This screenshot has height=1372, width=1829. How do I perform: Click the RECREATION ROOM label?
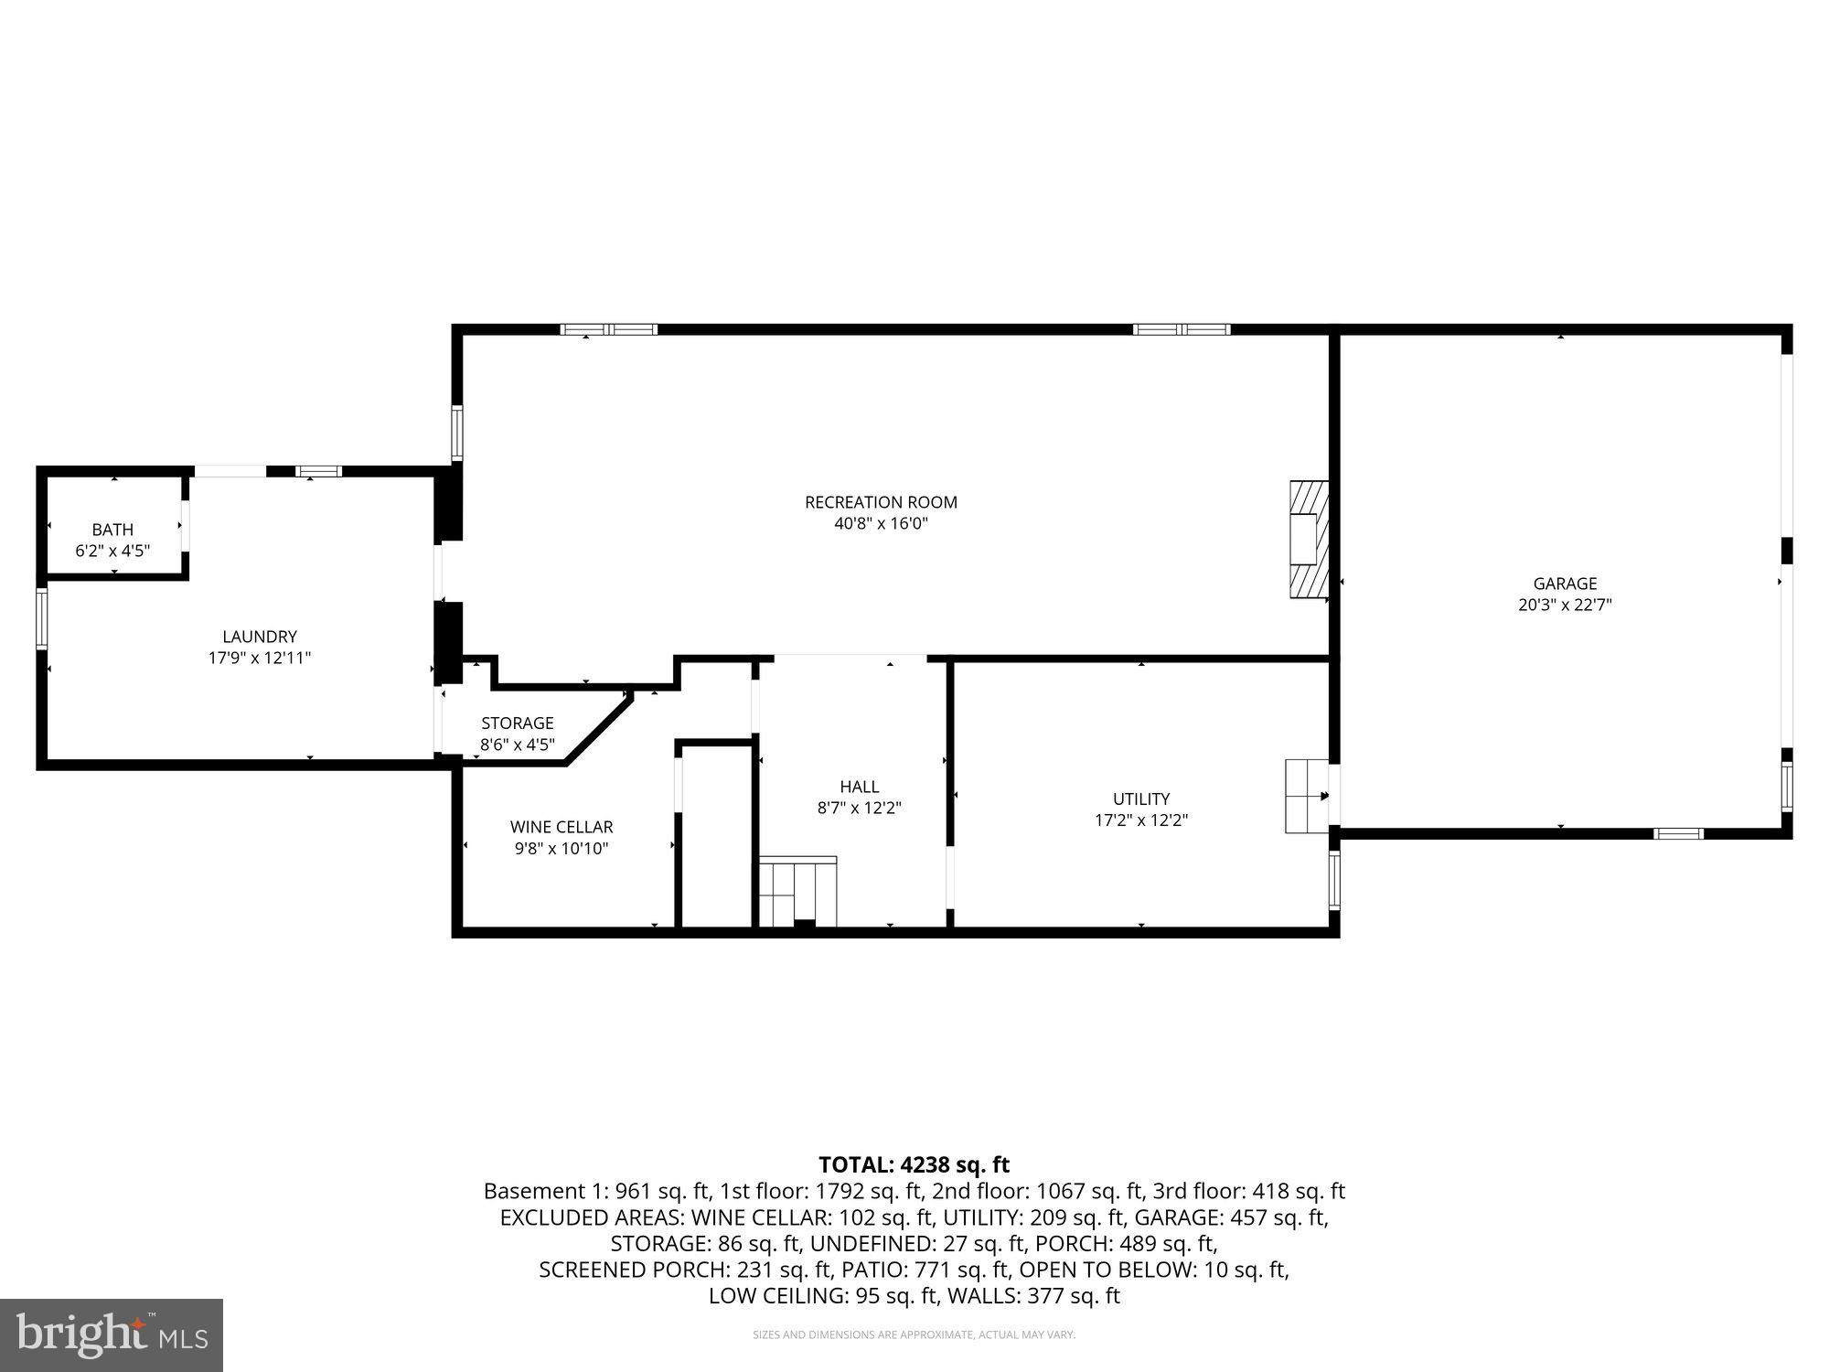pos(881,502)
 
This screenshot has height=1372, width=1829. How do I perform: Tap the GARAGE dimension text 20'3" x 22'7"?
pos(1565,605)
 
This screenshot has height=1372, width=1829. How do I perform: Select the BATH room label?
pos(112,530)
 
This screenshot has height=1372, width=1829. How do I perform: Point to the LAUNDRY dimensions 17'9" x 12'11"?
pos(260,658)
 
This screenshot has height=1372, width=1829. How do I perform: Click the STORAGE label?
pos(518,724)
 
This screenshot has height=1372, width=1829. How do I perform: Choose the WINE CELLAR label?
pos(562,827)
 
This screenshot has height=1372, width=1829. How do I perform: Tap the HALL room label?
pos(859,787)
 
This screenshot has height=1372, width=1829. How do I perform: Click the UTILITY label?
pos(1141,799)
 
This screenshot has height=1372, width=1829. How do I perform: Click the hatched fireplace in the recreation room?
pos(1308,540)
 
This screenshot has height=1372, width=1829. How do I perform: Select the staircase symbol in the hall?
pos(797,892)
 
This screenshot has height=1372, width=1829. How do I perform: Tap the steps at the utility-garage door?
pos(1306,796)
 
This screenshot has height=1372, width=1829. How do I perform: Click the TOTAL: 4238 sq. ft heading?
pos(914,1164)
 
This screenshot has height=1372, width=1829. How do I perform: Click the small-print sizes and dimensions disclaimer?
pos(914,1335)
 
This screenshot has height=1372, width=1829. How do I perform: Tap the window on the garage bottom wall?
pos(1679,833)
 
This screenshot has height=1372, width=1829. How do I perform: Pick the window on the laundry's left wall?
pos(41,619)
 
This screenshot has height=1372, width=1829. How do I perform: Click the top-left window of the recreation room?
pos(609,329)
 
